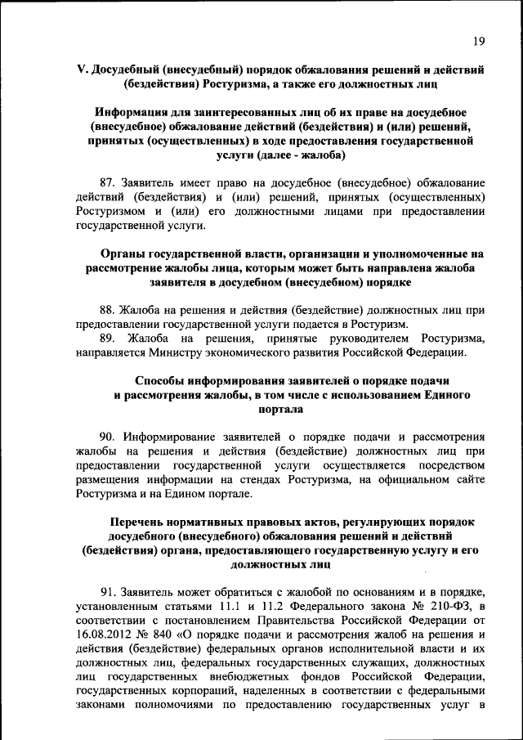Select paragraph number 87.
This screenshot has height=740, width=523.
108,182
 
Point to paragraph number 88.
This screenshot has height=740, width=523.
108,311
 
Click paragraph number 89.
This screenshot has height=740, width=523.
108,339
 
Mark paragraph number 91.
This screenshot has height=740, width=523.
108,593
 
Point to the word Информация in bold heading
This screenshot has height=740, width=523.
131,112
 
